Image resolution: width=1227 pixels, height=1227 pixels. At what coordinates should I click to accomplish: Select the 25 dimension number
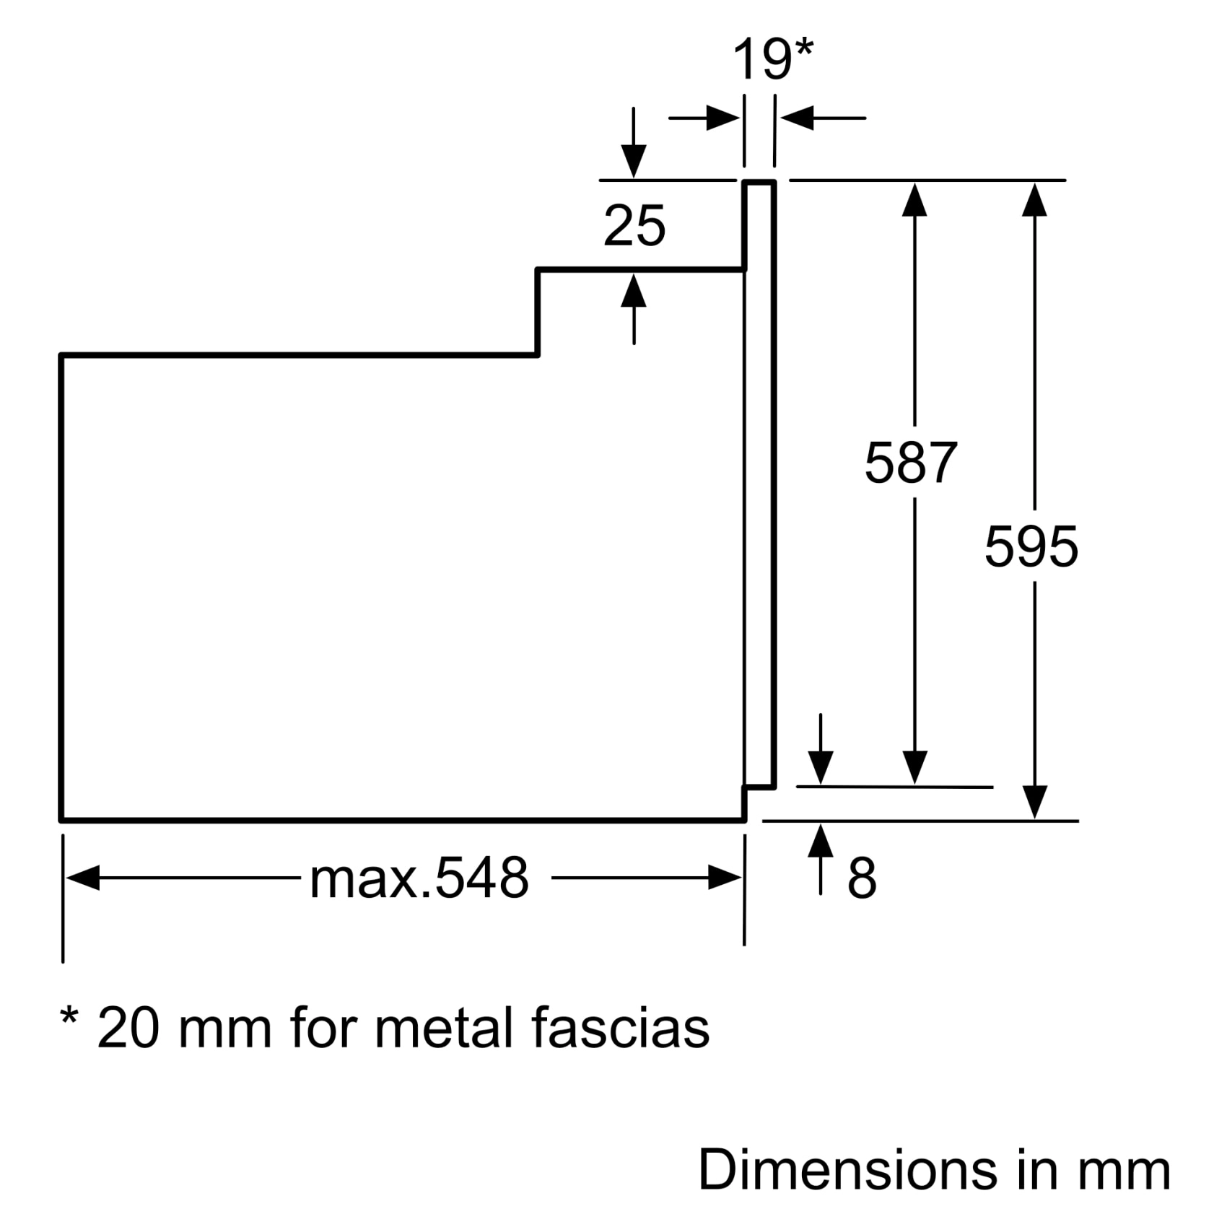634,226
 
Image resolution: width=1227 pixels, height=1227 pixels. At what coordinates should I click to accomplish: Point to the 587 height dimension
911,463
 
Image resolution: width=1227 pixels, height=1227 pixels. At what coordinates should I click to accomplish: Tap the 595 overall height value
1031,546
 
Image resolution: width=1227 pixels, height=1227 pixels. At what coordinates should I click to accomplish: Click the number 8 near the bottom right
862,878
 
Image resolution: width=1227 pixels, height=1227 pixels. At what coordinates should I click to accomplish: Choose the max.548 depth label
419,878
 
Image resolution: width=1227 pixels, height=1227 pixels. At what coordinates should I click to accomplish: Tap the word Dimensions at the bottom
848,1169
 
